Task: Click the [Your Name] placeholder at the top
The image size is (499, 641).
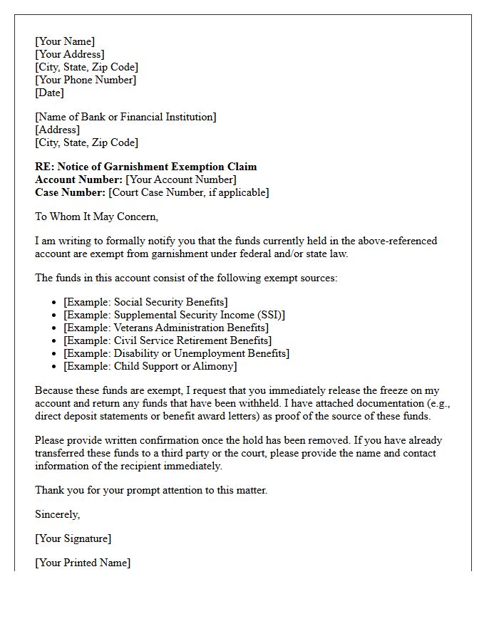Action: [x=65, y=41]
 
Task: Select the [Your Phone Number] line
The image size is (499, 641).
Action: [x=86, y=80]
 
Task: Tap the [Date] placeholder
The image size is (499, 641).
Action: [x=49, y=93]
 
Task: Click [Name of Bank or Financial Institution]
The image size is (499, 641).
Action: [x=125, y=117]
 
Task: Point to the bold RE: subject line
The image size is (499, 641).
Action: [x=145, y=167]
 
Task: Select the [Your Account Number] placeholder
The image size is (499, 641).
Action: [x=180, y=179]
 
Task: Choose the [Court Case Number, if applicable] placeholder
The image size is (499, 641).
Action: [x=188, y=192]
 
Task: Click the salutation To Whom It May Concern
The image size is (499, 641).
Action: [x=96, y=217]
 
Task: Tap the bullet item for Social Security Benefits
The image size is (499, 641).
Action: [x=145, y=302]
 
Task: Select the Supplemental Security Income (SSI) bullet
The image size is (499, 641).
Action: [x=174, y=315]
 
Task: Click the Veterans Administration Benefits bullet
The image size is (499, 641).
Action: [x=165, y=328]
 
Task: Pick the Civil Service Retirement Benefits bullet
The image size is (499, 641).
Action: [x=167, y=340]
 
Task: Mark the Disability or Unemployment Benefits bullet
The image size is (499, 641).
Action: [x=176, y=353]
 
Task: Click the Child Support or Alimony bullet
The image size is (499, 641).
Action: [x=150, y=366]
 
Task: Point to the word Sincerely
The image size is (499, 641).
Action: [x=57, y=514]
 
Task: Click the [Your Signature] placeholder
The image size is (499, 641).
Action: [x=73, y=538]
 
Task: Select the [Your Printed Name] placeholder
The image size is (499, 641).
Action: [x=83, y=563]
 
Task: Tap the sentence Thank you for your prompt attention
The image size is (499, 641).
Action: [x=151, y=490]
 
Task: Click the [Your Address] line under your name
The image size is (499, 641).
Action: [x=69, y=54]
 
